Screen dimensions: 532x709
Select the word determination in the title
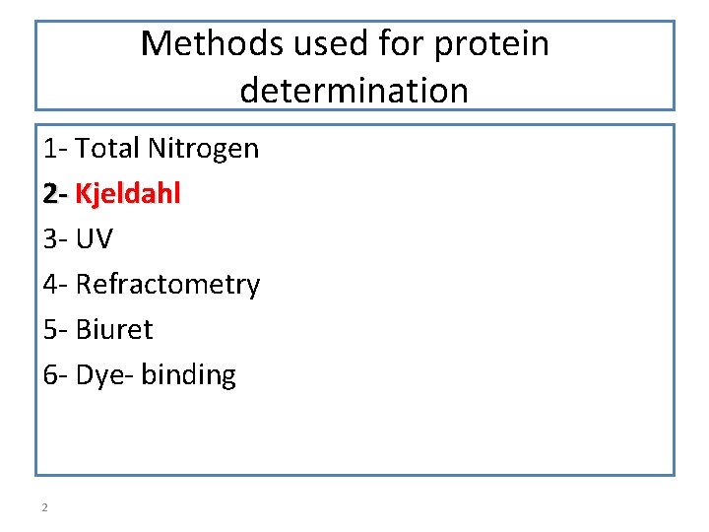[354, 91]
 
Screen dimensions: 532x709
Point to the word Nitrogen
[204, 149]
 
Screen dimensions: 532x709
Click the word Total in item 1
[108, 149]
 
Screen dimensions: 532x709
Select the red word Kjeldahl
[128, 194]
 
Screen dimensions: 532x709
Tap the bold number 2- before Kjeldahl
[55, 194]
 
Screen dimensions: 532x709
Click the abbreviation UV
[95, 239]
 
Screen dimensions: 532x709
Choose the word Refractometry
[168, 285]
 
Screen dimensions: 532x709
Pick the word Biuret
[114, 330]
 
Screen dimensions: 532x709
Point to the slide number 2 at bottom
[45, 507]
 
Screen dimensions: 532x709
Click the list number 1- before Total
[55, 149]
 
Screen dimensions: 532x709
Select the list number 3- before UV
[55, 239]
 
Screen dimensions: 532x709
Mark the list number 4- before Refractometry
[55, 285]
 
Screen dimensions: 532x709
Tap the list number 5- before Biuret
[55, 330]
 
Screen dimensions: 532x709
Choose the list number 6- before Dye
[55, 375]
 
